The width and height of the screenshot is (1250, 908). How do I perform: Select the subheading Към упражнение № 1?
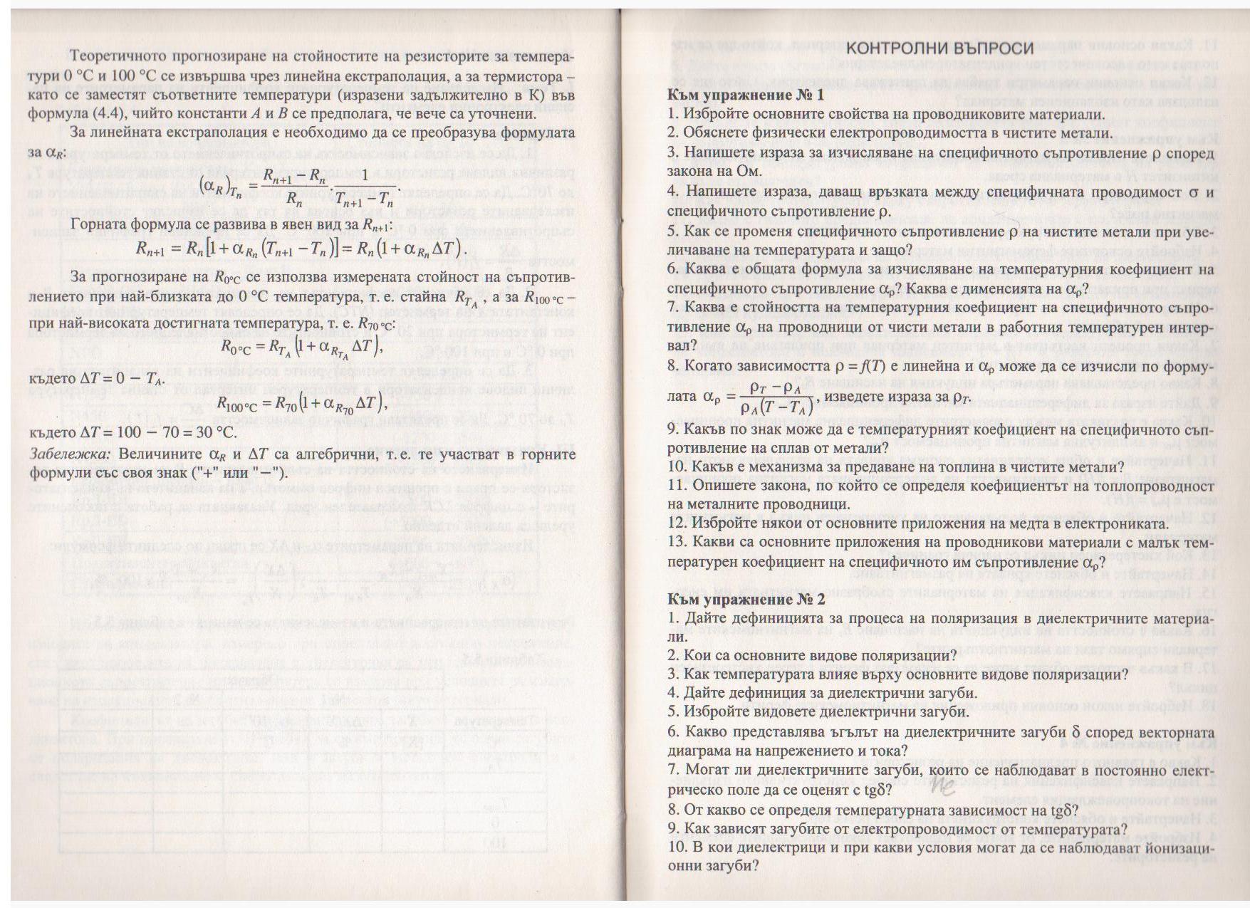coord(746,95)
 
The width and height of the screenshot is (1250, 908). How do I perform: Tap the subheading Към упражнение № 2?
coord(746,599)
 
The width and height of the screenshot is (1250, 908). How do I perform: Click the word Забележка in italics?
coord(70,454)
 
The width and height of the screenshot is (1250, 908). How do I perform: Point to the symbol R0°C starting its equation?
coord(236,347)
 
